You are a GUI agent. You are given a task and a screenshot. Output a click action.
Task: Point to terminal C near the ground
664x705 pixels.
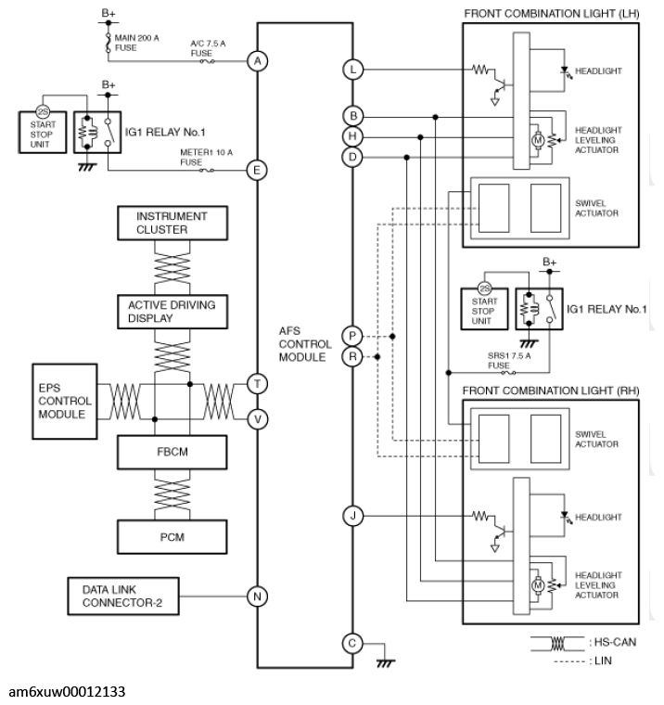click(352, 642)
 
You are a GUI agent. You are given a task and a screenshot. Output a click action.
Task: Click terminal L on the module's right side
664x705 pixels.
click(352, 69)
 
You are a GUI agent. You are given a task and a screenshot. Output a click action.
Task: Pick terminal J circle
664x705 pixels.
click(352, 515)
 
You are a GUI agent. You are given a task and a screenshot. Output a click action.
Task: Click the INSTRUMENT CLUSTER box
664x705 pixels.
click(172, 223)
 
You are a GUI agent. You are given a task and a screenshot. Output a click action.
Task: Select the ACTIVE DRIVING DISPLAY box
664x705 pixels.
click(172, 311)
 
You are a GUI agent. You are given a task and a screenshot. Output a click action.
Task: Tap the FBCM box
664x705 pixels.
click(172, 452)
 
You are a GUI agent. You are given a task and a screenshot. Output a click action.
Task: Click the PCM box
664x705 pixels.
click(172, 535)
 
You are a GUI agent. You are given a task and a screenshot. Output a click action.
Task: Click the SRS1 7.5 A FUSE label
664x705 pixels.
click(497, 360)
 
